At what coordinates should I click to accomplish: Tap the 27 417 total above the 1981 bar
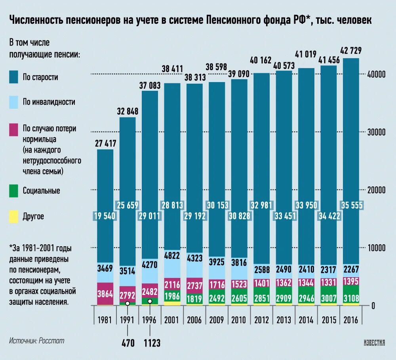point(105,143)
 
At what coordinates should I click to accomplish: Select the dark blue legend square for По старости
point(14,77)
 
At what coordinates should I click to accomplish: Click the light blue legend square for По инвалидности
point(14,102)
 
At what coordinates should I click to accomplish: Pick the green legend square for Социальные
point(14,191)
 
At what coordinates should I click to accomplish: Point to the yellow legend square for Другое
point(14,216)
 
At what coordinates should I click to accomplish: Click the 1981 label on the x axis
point(105,320)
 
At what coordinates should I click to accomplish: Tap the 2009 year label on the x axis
point(216,320)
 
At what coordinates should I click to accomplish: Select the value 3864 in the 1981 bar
point(105,294)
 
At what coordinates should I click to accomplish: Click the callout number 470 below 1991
point(128,343)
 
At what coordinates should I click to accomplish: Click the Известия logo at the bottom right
point(374,343)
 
